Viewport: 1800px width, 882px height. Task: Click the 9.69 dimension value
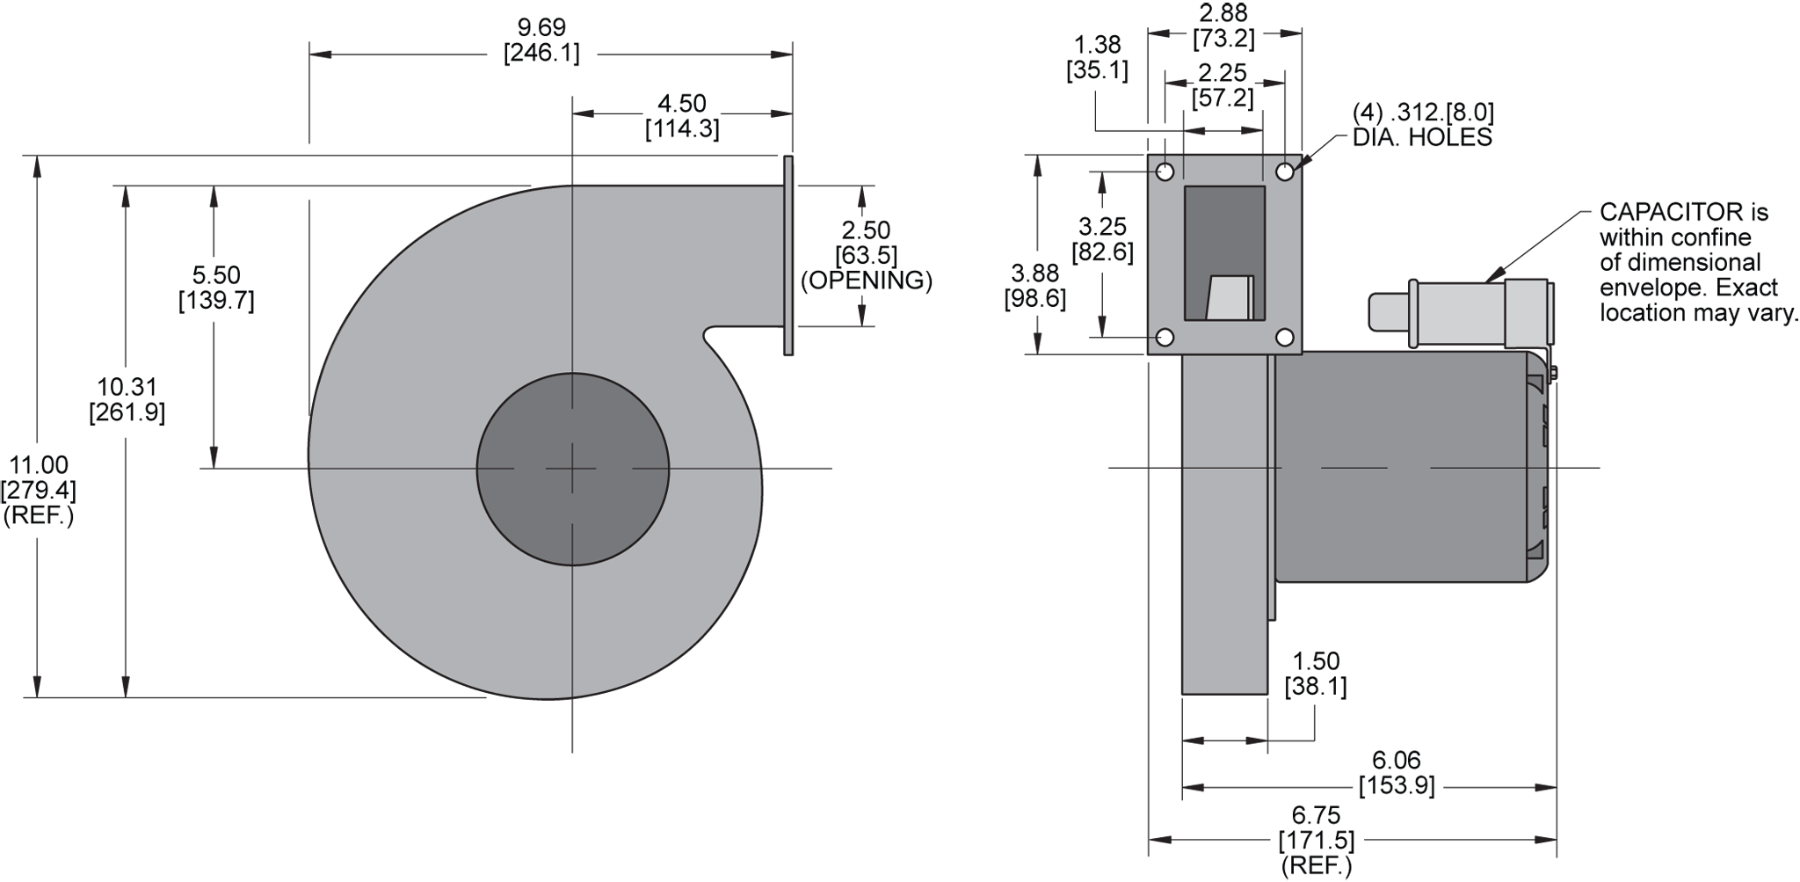pos(541,28)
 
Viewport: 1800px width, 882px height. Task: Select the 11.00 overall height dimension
pos(39,464)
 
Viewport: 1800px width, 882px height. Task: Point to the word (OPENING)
pos(866,281)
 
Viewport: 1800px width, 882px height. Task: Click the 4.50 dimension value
pos(682,104)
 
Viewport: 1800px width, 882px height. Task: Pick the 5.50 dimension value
pos(216,276)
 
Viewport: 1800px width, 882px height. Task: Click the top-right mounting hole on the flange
pos(1284,171)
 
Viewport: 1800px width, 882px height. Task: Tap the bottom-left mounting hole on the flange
pos(1165,338)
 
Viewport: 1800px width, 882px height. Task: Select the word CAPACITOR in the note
pos(1658,212)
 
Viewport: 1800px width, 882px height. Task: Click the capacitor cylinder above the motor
pos(1459,312)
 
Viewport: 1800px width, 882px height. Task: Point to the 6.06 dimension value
pos(1396,760)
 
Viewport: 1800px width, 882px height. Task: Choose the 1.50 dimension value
pos(1316,661)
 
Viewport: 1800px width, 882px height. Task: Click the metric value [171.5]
pos(1316,841)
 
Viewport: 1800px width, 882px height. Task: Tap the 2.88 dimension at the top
pos(1223,12)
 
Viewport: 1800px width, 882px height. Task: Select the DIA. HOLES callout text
pos(1422,137)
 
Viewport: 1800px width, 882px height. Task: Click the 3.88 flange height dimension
pos(1035,273)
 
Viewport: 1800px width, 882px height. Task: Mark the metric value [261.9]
pos(127,412)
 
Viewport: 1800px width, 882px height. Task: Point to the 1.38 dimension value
pos(1097,44)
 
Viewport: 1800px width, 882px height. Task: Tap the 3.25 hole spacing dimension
pos(1102,227)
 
